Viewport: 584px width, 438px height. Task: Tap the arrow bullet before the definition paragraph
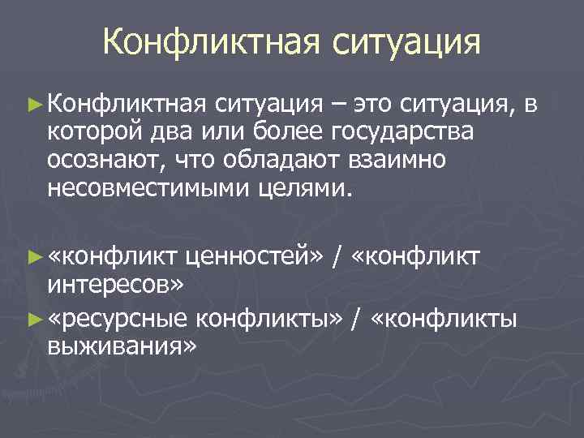[x=33, y=103]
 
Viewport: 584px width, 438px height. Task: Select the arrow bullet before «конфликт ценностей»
[x=33, y=257]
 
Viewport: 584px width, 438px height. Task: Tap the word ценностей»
[x=257, y=257]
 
